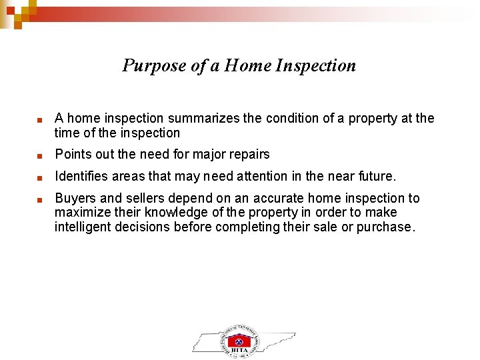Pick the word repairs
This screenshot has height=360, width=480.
coord(248,155)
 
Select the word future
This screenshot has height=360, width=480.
coord(375,177)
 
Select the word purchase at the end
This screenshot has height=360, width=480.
coord(385,227)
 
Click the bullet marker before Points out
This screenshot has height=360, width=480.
coord(40,156)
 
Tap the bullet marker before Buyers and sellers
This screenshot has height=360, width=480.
coord(40,199)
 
